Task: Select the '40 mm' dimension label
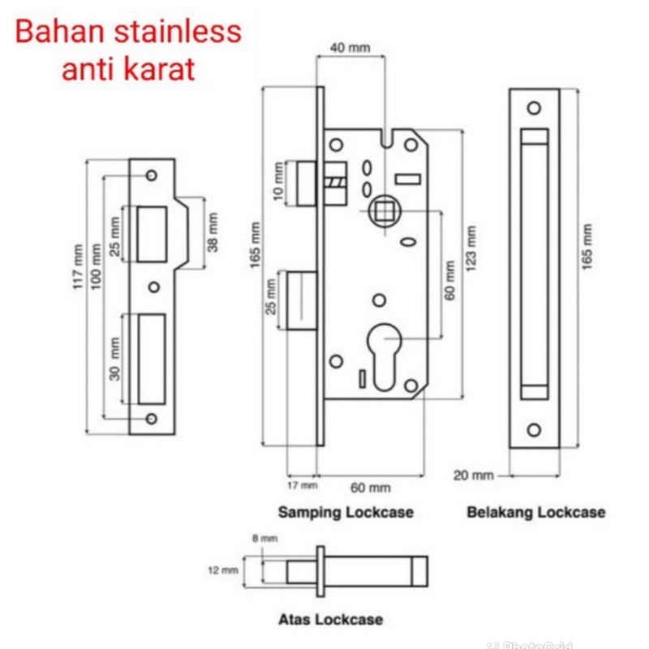coord(350,49)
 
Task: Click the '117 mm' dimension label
coord(79,267)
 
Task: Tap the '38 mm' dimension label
coord(213,232)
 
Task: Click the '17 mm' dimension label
coord(303,486)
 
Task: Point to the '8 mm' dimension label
coord(265,538)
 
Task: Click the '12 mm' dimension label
coord(222,570)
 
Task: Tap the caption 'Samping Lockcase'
coord(346,513)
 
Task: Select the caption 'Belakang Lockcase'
coord(535,513)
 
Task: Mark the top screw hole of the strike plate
coord(152,175)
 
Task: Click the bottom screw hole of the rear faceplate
coord(534,429)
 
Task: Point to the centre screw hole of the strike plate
coord(154,286)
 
